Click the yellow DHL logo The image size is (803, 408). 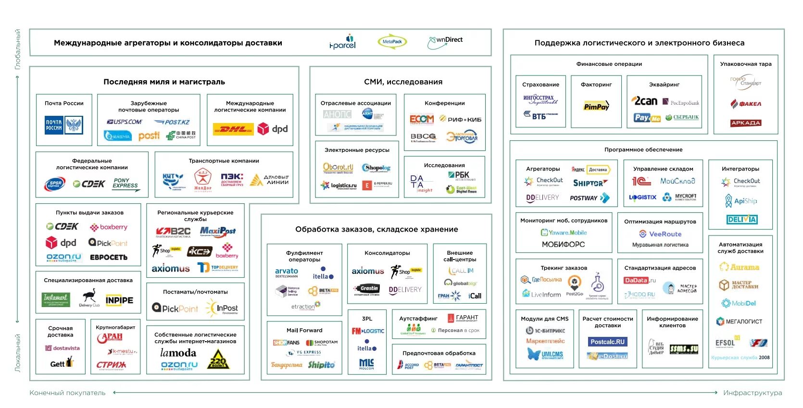click(233, 129)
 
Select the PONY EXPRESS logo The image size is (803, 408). click(125, 184)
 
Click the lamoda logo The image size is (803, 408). click(178, 353)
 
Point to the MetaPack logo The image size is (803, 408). click(392, 42)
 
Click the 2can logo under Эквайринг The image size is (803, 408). click(644, 101)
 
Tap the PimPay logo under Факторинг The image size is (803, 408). click(596, 106)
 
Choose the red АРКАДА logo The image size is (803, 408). click(745, 123)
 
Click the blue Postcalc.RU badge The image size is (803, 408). click(607, 342)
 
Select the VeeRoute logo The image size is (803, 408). click(660, 234)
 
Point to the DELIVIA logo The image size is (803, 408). click(742, 220)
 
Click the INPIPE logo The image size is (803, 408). click(119, 300)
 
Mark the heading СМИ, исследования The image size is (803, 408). click(403, 82)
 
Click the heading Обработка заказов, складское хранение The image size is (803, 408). click(376, 229)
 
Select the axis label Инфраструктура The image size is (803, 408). click(753, 393)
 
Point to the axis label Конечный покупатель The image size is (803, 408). click(67, 393)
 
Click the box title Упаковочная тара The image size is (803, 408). click(745, 64)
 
